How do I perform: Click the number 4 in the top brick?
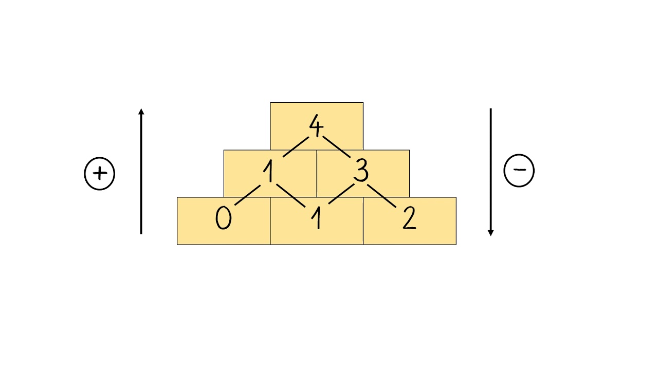(316, 126)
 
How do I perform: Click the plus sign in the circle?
(100, 174)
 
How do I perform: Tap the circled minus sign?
(519, 171)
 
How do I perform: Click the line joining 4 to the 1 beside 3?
(294, 147)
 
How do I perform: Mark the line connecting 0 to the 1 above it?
(248, 195)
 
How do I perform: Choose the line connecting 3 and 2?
(382, 195)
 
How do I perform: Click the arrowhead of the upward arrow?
(141, 112)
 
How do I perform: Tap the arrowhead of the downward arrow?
(490, 232)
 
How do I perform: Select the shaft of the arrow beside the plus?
(141, 175)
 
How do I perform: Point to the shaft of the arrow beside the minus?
(490, 170)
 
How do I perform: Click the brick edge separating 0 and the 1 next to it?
(270, 221)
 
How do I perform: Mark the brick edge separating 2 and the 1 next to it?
(363, 221)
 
